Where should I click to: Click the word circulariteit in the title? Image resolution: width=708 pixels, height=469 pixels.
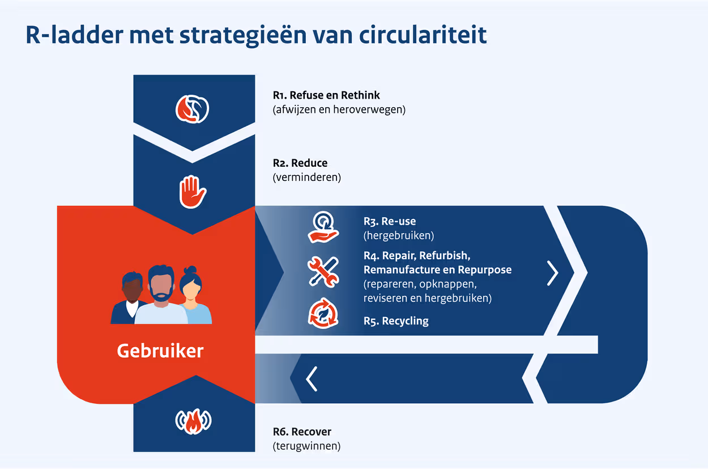tap(423, 35)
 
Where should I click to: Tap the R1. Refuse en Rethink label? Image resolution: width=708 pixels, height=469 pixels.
tap(326, 95)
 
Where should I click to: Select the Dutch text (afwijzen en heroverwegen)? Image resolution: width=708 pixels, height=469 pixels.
tap(339, 109)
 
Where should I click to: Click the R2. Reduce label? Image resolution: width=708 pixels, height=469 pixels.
tap(300, 163)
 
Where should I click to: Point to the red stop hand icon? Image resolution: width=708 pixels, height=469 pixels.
tap(193, 192)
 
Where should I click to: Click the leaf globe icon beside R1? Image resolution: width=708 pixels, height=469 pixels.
tap(193, 109)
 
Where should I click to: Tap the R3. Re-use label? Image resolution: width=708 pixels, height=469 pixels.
tap(390, 221)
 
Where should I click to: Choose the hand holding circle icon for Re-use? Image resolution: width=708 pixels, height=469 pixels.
tap(323, 227)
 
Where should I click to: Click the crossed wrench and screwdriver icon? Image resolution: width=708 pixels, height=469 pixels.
tap(323, 271)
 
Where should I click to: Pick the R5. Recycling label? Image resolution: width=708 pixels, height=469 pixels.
tap(396, 321)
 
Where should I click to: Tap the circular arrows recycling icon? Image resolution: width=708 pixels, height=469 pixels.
tap(323, 314)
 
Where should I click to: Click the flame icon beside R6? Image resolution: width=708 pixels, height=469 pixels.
tap(193, 421)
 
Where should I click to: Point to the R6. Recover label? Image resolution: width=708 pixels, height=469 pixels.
tap(302, 432)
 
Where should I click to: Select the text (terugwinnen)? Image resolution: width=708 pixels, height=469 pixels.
tap(306, 446)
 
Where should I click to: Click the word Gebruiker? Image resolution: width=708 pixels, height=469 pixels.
tap(160, 350)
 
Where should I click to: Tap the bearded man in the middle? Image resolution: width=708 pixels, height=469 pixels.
tap(161, 295)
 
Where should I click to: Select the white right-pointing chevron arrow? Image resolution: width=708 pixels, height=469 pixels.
tap(552, 273)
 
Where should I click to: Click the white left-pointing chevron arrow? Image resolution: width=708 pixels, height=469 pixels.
tap(312, 379)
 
